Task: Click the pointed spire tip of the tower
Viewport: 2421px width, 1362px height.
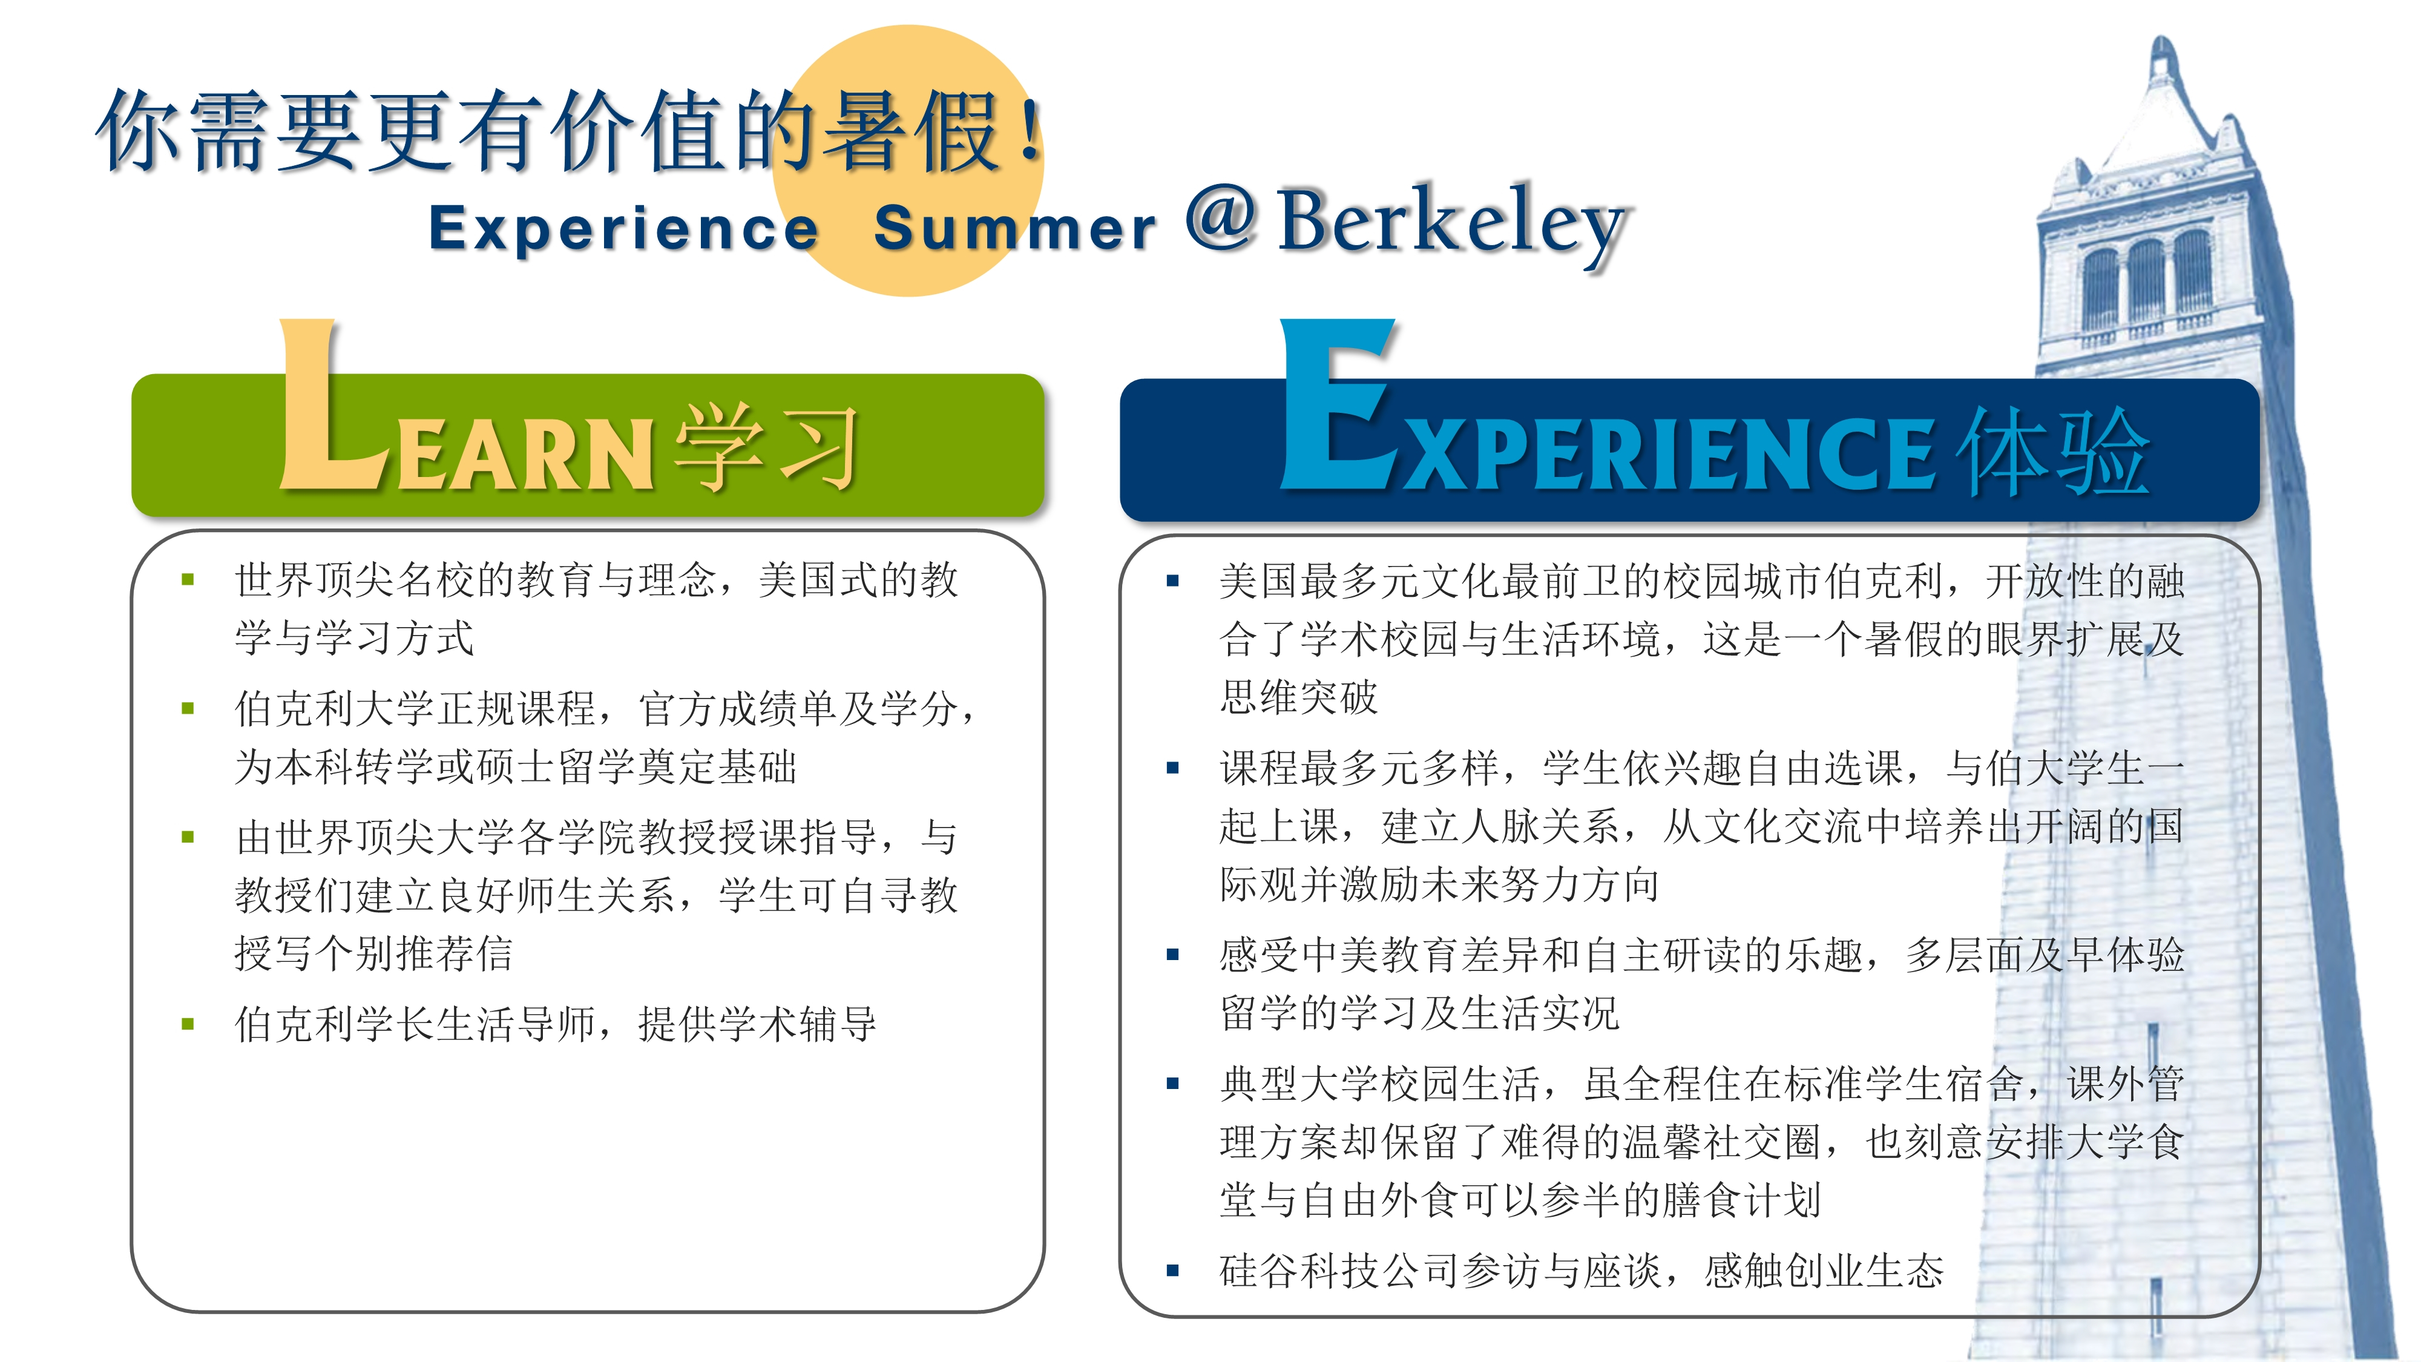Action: [2161, 39]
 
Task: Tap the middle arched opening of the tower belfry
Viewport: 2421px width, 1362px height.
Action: [2147, 282]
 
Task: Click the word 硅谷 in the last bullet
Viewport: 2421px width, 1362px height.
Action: [1260, 1271]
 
